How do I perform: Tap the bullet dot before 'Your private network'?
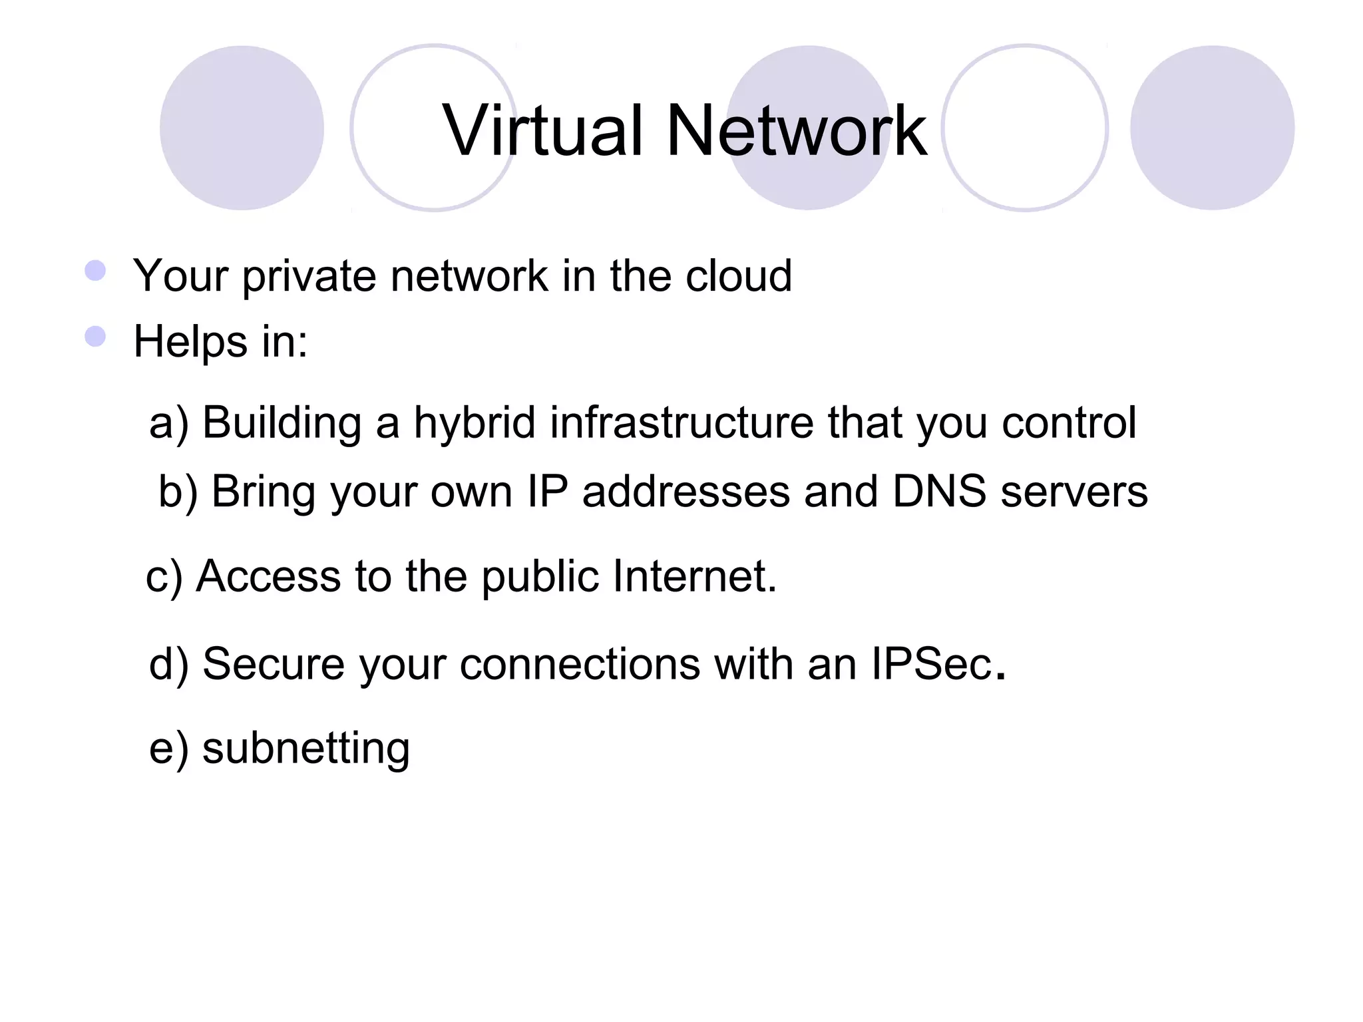click(96, 271)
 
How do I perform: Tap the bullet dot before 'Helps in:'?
click(96, 337)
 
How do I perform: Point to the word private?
click(309, 277)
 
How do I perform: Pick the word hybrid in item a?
click(475, 423)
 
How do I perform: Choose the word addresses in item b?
click(686, 492)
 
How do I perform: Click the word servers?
click(1074, 493)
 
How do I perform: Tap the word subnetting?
click(305, 749)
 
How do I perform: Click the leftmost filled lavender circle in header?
click(242, 128)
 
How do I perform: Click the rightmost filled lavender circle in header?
click(1212, 128)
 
